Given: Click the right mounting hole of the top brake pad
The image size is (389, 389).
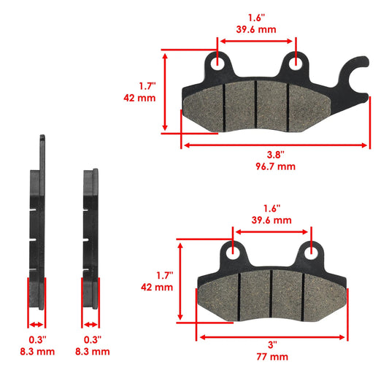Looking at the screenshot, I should [296, 63].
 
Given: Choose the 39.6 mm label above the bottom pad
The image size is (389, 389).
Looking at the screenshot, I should [272, 220].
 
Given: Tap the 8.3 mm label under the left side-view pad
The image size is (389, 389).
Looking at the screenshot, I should [37, 351].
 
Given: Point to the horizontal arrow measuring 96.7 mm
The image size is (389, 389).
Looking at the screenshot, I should [276, 145].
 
